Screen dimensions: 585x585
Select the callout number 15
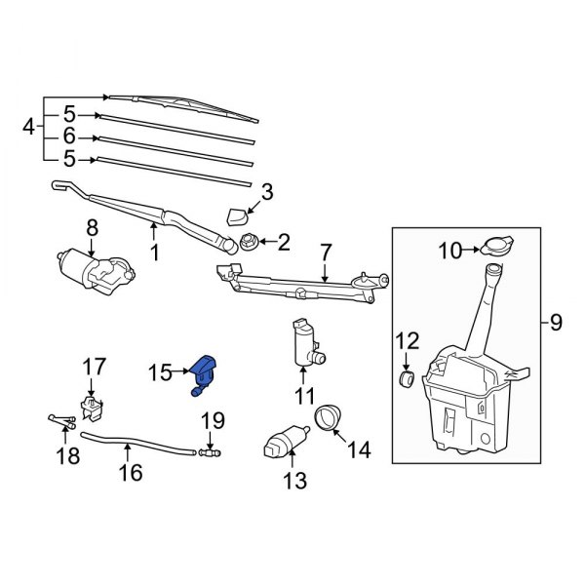point(159,371)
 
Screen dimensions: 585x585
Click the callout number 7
point(326,253)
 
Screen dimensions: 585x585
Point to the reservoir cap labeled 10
point(495,247)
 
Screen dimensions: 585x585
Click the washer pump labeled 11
point(305,345)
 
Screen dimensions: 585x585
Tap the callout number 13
point(294,480)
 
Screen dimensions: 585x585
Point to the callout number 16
point(130,473)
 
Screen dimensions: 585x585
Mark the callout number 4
point(28,127)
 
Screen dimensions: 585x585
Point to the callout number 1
point(153,253)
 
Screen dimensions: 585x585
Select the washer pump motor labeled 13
point(283,446)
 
